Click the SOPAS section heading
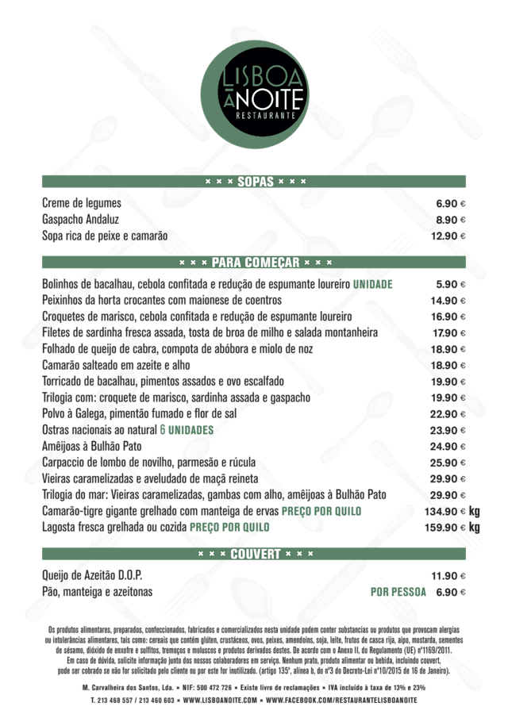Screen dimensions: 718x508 coord(255,182)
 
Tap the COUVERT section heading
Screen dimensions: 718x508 coord(255,553)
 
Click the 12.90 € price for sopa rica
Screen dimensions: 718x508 coord(448,236)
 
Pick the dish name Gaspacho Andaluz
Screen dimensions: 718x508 coord(80,219)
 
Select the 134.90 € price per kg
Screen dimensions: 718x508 coord(447,511)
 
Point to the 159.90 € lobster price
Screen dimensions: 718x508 coord(447,527)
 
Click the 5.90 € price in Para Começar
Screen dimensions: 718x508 coord(450,284)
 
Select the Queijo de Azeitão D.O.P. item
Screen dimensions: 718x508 coord(96,575)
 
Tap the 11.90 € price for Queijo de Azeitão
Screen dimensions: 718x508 coord(448,575)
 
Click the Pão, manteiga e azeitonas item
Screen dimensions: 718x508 coord(97,592)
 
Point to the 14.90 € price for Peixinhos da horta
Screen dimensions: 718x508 coord(448,300)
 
